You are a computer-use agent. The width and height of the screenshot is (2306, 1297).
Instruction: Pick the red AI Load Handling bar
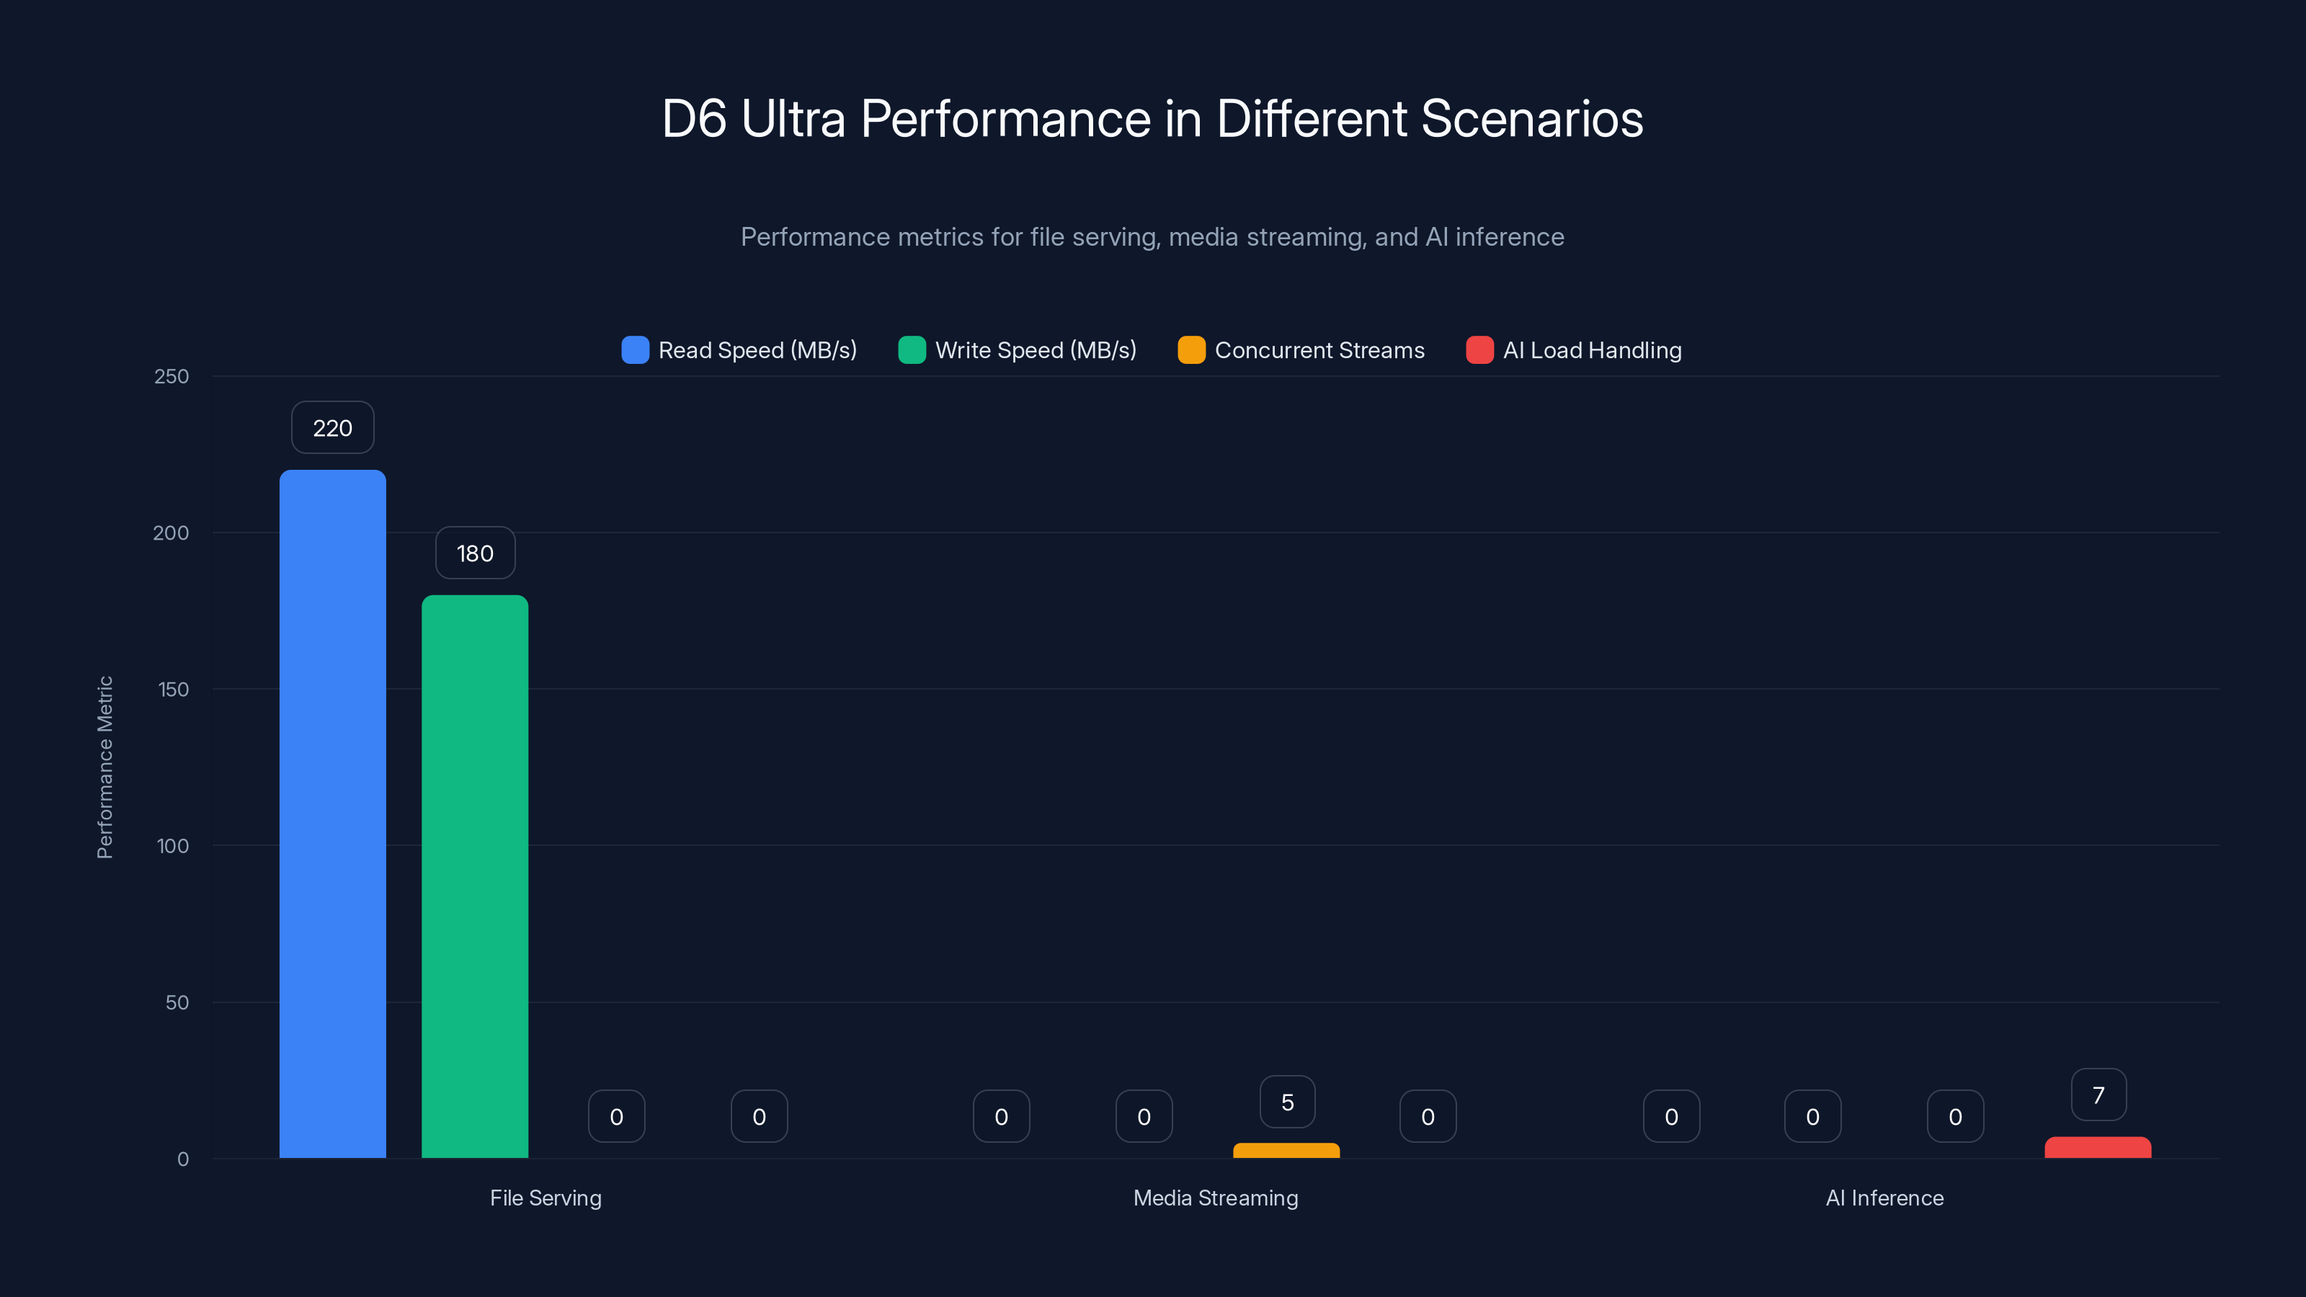[2098, 1148]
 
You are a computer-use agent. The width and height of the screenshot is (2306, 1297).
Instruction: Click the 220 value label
[332, 428]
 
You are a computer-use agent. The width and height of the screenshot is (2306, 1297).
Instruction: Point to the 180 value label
[474, 553]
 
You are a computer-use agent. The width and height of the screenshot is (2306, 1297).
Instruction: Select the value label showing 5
[1287, 1102]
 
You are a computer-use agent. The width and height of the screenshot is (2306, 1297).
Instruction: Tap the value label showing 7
[2098, 1095]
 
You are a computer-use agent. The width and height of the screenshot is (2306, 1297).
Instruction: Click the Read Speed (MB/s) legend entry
[739, 350]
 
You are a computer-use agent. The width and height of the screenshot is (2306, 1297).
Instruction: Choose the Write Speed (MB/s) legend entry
[1018, 350]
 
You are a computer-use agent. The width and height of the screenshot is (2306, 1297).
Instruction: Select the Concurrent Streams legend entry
[1301, 350]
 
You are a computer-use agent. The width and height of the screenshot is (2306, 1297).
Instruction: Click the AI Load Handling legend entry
[1574, 350]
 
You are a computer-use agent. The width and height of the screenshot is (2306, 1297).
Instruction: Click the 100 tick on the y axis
[172, 846]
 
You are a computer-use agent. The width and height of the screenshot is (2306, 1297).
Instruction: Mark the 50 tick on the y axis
[177, 1002]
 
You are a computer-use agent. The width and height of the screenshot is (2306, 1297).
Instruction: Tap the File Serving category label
[546, 1198]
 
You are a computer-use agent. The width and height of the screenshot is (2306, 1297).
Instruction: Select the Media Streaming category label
[1215, 1198]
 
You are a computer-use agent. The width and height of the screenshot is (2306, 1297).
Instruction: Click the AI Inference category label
[1884, 1198]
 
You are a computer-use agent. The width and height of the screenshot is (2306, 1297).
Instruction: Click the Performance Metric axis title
[104, 767]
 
